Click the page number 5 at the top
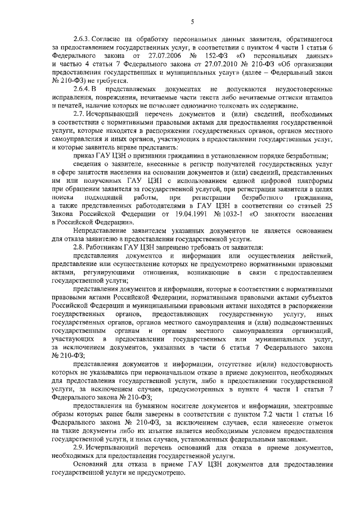(192, 22)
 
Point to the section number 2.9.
(80, 445)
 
